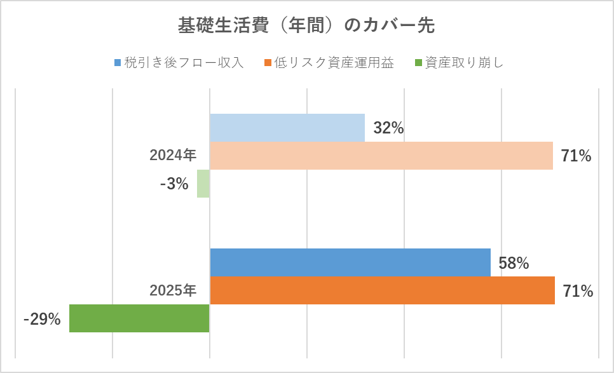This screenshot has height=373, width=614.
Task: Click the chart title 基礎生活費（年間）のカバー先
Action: [x=306, y=26]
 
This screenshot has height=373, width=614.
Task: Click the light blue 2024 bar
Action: [x=287, y=128]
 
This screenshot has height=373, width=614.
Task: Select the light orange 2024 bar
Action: [x=381, y=156]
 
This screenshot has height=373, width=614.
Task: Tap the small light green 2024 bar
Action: [x=203, y=184]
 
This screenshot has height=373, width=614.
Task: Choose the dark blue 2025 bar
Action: [x=350, y=262]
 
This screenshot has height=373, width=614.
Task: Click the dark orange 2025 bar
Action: [x=382, y=290]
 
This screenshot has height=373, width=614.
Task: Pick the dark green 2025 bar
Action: [x=139, y=318]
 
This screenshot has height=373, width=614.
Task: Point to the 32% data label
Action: [x=388, y=128]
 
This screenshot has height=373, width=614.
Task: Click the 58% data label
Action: [x=514, y=263]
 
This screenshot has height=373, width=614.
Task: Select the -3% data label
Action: [x=174, y=184]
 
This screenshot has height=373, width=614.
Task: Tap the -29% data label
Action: [x=42, y=320]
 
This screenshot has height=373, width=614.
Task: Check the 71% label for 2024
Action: [x=576, y=156]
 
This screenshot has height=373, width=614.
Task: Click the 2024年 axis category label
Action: [x=173, y=156]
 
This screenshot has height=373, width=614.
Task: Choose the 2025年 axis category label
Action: [x=173, y=291]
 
